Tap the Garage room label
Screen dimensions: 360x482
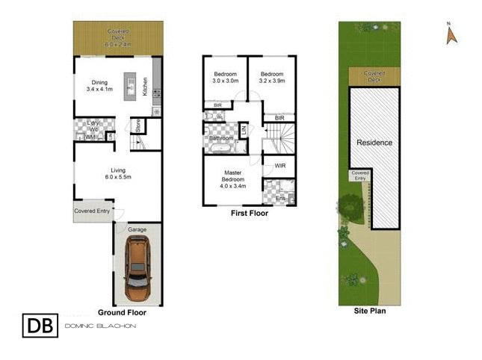coord(138,229)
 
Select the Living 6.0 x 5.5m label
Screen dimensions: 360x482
coord(117,173)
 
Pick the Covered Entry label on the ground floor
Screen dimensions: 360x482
coord(93,211)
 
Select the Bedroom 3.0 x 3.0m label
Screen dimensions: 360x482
coord(225,78)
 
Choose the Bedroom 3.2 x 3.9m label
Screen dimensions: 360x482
coord(271,78)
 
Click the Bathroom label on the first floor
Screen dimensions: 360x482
coord(221,138)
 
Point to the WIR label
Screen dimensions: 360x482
coord(280,165)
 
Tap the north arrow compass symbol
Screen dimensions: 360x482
coord(451,34)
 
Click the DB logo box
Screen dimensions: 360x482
coord(39,326)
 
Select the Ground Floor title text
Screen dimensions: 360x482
coord(122,313)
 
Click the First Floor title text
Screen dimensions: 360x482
coord(249,213)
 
